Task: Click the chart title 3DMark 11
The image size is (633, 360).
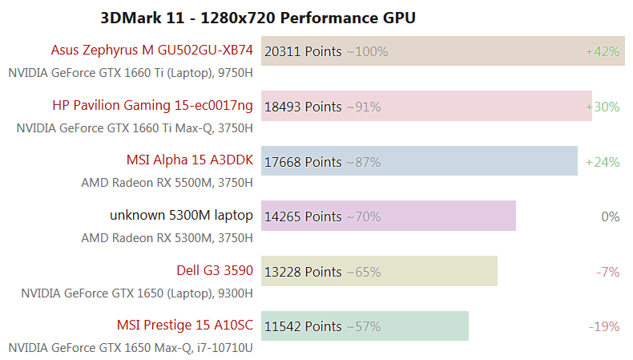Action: (x=258, y=17)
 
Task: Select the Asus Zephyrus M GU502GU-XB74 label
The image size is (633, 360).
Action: (x=151, y=51)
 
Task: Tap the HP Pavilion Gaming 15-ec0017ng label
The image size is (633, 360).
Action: (x=152, y=105)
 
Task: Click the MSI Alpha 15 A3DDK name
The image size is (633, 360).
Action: (x=189, y=160)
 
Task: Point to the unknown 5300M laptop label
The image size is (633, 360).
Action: (x=181, y=215)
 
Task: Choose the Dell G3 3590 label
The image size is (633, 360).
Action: (x=215, y=270)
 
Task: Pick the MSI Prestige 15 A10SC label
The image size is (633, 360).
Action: (x=184, y=326)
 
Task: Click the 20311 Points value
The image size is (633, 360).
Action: (x=302, y=51)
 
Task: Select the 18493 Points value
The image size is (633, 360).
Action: (x=302, y=107)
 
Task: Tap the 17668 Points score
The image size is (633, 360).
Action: (x=302, y=162)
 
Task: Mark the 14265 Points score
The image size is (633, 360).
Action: (x=302, y=216)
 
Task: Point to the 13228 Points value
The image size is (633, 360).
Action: (x=302, y=272)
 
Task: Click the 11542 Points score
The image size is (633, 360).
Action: (x=302, y=326)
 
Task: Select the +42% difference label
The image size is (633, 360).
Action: (x=603, y=51)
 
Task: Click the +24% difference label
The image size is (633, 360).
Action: (x=603, y=162)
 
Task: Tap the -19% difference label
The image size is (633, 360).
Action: (x=604, y=326)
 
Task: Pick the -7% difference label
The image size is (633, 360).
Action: (x=608, y=272)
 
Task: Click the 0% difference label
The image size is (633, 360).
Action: (x=611, y=216)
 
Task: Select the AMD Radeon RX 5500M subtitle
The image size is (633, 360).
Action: (x=167, y=183)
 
